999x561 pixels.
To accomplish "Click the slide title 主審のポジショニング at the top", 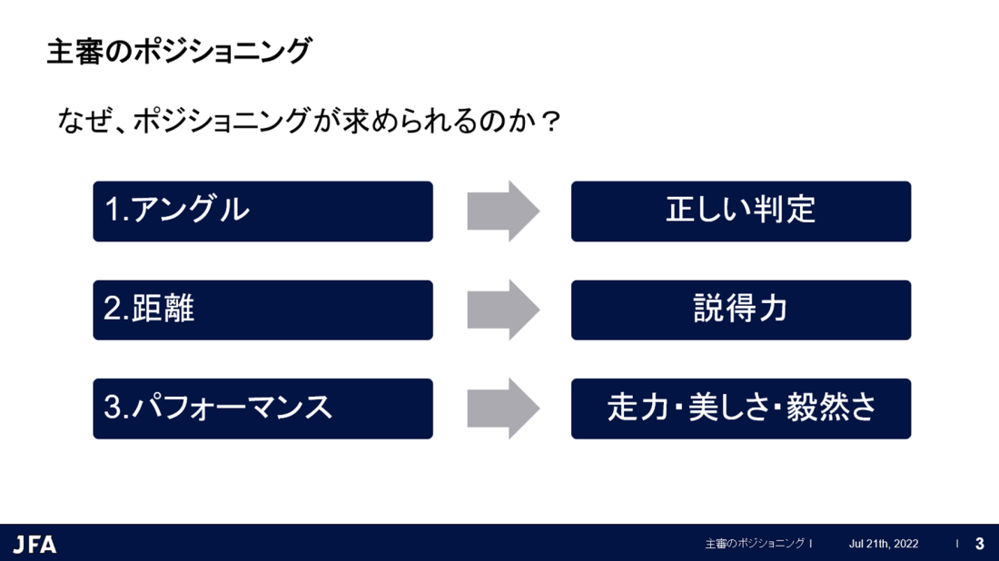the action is (179, 51).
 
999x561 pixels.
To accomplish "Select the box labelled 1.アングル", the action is (263, 212).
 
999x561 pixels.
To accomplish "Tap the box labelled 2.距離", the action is (263, 310).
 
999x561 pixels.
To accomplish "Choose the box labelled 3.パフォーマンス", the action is (263, 408).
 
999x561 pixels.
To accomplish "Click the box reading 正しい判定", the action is (741, 212).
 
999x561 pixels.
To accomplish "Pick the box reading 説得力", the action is (741, 310).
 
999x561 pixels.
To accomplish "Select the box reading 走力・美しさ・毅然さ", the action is (741, 408).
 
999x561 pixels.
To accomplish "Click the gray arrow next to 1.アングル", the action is (503, 212).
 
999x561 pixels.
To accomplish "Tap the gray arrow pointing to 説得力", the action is (503, 310).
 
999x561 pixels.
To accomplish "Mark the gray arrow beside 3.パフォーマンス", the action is (503, 408).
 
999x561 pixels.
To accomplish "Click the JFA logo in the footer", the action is (35, 545).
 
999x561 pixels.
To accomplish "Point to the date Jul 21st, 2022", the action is (884, 544).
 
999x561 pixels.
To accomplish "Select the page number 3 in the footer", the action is (980, 544).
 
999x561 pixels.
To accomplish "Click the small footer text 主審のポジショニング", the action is (755, 544).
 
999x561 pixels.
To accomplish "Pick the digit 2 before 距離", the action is (112, 309).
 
